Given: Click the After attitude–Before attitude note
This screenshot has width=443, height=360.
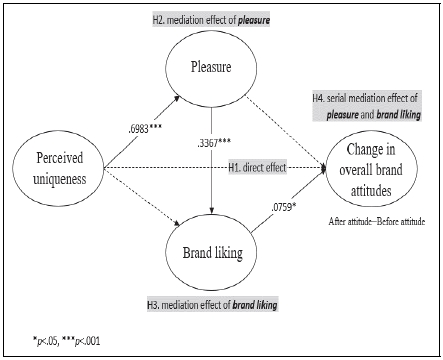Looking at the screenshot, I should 375,218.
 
